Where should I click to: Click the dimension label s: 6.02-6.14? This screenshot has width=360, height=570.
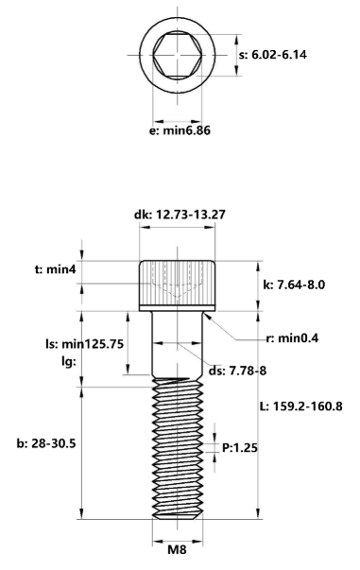click(273, 55)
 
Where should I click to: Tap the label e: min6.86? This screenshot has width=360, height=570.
click(180, 130)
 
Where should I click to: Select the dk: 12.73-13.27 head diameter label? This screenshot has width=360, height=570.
click(180, 215)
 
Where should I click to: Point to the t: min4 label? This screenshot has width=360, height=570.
click(55, 269)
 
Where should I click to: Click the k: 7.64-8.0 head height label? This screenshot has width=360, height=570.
click(294, 285)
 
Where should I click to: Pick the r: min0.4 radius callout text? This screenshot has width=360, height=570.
click(292, 338)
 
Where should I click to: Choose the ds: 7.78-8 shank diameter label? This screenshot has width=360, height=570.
click(237, 371)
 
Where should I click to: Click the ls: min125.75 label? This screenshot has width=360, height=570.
click(85, 343)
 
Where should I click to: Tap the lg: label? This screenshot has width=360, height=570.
click(68, 362)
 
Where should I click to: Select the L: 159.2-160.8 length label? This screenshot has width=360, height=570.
click(301, 406)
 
